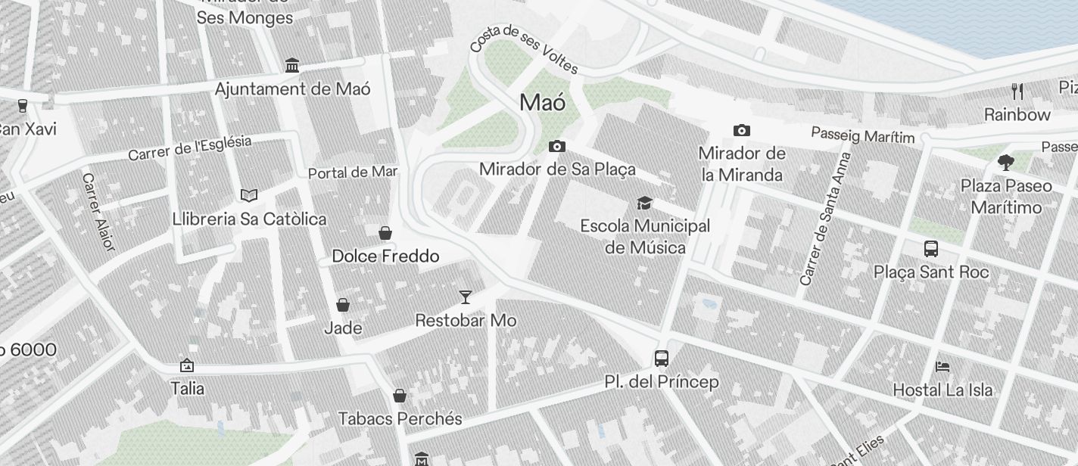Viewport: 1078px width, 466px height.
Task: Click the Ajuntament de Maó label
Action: pos(292,89)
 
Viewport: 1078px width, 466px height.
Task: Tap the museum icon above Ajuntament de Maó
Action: pos(292,66)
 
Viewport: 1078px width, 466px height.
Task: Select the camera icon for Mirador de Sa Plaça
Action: pos(557,146)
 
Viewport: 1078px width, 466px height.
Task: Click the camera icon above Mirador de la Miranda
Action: pos(741,130)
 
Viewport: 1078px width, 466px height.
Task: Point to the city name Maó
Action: pos(543,103)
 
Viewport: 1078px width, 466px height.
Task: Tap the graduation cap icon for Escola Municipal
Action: pos(644,203)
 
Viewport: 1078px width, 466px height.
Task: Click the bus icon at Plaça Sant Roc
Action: pos(931,249)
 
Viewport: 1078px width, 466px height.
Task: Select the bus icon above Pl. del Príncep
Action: pos(662,359)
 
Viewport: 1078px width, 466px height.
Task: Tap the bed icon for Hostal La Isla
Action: pos(942,367)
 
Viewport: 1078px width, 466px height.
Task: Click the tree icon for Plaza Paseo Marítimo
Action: pos(1006,162)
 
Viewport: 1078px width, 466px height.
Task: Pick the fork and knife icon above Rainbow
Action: pos(1017,92)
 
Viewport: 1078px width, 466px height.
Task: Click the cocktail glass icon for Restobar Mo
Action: pos(466,297)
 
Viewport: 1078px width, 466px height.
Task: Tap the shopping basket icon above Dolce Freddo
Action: pos(385,232)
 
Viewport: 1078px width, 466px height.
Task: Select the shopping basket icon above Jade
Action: pos(343,305)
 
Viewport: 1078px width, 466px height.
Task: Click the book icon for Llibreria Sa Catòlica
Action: pos(248,196)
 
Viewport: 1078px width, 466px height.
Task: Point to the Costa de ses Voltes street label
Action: pos(524,49)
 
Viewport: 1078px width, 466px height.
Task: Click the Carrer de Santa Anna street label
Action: pos(825,219)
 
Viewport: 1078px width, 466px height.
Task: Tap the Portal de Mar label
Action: pos(353,172)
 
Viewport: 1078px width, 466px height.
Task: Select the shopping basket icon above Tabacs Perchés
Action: pos(400,396)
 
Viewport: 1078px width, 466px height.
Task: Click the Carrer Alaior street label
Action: pos(98,212)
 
